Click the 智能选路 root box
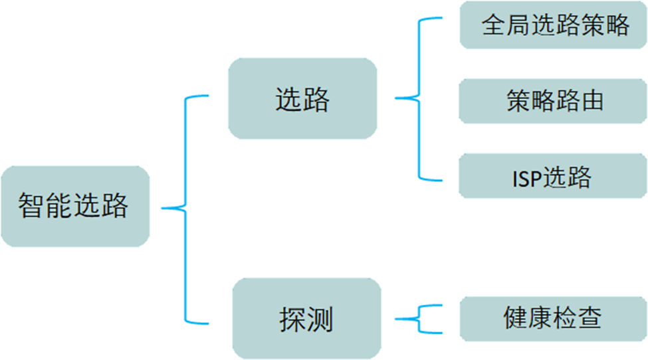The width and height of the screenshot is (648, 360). pyautogui.click(x=74, y=207)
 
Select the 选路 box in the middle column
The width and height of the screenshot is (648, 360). pyautogui.click(x=302, y=98)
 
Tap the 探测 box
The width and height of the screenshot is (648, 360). pyautogui.click(x=306, y=319)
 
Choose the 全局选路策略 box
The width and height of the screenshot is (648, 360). pyautogui.click(x=554, y=25)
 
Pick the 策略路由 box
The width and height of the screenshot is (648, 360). pyautogui.click(x=554, y=101)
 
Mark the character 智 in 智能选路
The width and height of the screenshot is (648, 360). pyautogui.click(x=31, y=207)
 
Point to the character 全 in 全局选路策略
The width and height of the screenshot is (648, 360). pyautogui.click(x=492, y=25)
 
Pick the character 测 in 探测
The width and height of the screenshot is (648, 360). pyautogui.click(x=320, y=319)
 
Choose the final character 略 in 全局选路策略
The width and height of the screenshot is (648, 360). pyautogui.click(x=615, y=25)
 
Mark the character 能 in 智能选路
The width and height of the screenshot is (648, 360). pyautogui.click(x=60, y=207)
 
